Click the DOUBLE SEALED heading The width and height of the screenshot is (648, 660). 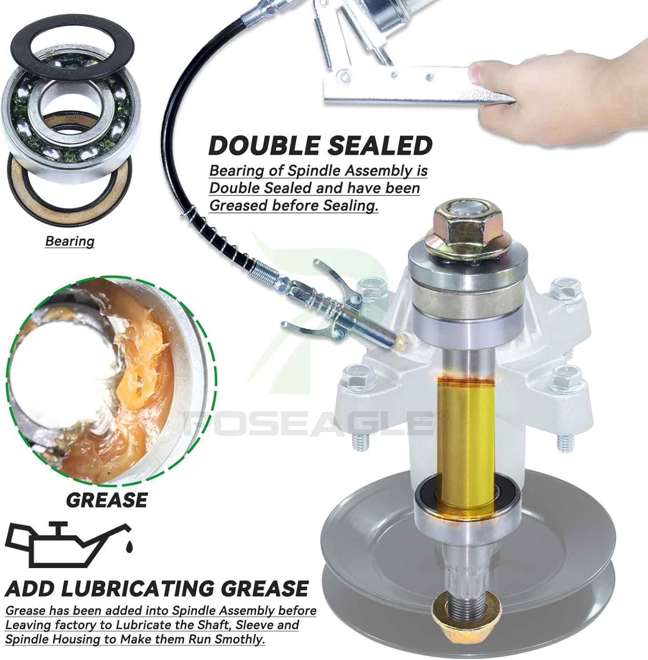click(320, 146)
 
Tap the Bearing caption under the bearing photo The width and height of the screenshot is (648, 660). click(70, 241)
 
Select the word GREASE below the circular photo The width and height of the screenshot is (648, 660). click(107, 500)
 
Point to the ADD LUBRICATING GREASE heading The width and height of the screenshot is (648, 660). click(157, 589)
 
